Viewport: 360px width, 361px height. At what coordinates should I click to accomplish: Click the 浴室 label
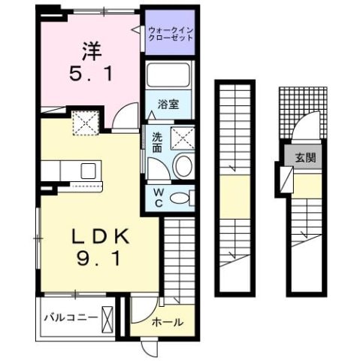pos(168,105)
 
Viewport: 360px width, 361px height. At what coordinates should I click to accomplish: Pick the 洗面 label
pos(157,143)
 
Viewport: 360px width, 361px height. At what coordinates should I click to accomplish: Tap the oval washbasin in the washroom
pos(181,166)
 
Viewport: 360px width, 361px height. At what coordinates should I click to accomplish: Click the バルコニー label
pos(69,317)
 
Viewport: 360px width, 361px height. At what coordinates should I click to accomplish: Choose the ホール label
pos(167,323)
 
